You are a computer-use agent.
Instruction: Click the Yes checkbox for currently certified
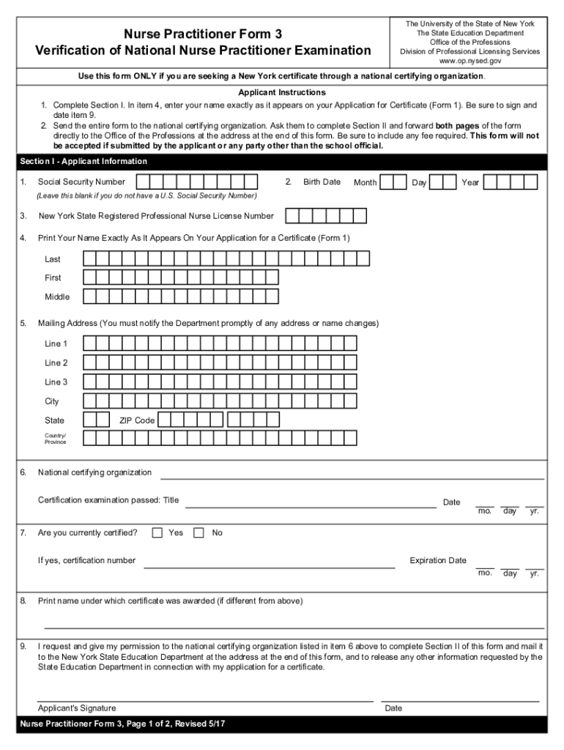157,533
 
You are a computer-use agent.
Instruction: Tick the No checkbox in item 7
198,533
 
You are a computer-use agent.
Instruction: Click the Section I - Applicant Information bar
282,162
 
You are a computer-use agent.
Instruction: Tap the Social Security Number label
81,182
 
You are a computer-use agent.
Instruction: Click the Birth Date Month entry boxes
393,182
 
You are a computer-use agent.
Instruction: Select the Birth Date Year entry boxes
511,182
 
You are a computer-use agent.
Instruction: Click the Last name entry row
226,259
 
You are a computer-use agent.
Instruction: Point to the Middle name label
57,297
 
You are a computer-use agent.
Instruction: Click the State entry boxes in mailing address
97,420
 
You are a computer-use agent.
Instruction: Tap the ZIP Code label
137,420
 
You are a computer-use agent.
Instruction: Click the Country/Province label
56,439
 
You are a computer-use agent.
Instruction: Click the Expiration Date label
438,560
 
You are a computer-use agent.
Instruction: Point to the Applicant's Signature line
205,700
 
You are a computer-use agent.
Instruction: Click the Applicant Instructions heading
282,93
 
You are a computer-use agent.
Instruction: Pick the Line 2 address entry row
220,363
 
